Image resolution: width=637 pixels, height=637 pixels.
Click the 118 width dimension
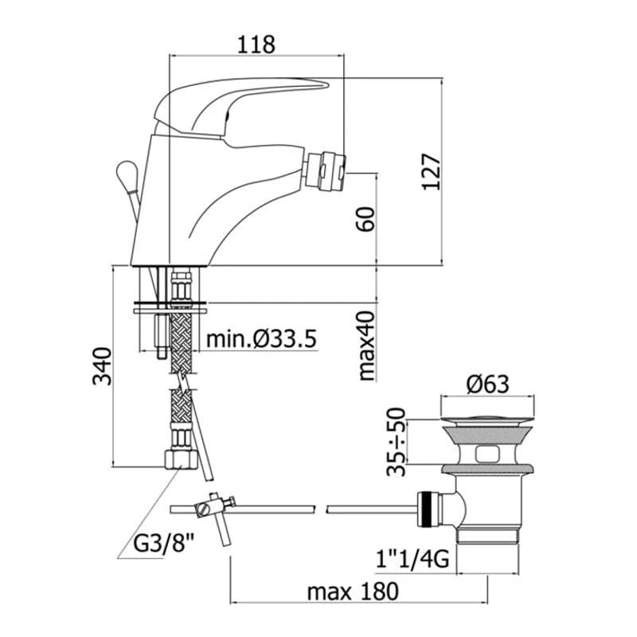[256, 45]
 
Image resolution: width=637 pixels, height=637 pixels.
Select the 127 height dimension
[431, 171]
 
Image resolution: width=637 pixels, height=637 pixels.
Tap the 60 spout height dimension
[366, 219]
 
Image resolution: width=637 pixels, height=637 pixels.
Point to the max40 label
[366, 346]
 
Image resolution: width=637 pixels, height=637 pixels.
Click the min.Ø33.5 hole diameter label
[261, 339]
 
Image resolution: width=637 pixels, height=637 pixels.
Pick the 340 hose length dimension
[102, 365]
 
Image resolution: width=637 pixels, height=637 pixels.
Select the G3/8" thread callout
[164, 543]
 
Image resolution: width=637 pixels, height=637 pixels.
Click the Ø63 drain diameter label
[487, 384]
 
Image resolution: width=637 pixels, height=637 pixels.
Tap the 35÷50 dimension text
[396, 442]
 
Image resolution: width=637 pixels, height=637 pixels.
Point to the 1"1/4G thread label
[412, 559]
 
